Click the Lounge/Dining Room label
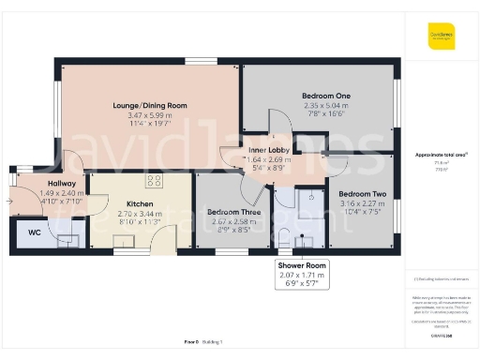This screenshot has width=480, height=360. pos(144,104)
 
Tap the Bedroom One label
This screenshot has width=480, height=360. pos(325,97)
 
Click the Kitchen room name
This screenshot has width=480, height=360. pos(127,203)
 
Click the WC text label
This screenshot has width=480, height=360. pos(35,232)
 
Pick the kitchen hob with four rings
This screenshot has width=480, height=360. pos(156,182)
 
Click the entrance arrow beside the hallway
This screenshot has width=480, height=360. pos(10,200)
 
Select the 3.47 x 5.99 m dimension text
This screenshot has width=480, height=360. pos(144,114)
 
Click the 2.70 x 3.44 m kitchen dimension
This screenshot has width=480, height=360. pos(127,214)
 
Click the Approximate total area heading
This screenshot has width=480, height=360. pos(441,155)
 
